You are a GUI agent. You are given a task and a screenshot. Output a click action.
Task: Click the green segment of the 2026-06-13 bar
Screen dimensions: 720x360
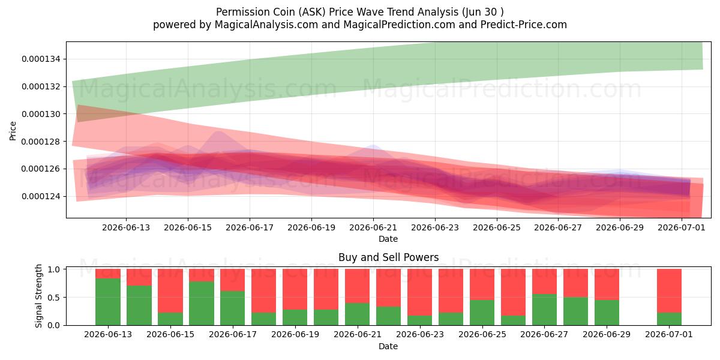pos(108,302)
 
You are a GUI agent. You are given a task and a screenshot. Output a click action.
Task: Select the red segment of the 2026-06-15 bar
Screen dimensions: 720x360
pos(170,290)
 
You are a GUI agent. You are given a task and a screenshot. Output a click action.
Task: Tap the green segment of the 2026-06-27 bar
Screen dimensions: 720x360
pos(545,310)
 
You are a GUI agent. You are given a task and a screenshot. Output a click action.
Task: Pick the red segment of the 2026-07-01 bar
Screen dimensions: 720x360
pos(669,290)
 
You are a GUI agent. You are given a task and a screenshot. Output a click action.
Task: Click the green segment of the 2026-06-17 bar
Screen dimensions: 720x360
pos(233,308)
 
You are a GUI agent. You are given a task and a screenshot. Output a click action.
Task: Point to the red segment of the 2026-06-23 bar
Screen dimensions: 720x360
pos(420,292)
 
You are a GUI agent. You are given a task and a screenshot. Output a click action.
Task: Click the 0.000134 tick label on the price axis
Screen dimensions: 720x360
pos(41,59)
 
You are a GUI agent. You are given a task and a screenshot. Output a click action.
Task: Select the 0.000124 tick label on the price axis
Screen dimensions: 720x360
pos(41,196)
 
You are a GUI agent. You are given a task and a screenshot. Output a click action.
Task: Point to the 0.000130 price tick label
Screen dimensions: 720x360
pos(41,114)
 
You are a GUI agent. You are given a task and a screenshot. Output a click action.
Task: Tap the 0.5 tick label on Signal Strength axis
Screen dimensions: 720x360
pos(54,298)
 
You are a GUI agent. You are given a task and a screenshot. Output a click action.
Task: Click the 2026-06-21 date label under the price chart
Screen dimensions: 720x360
pos(373,227)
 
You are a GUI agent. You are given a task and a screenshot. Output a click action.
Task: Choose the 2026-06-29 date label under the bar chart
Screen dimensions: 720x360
pos(607,335)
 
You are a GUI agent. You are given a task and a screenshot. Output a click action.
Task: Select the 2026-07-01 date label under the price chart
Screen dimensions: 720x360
pos(682,227)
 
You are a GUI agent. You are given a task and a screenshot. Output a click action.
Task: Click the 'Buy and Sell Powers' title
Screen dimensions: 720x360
pos(389,257)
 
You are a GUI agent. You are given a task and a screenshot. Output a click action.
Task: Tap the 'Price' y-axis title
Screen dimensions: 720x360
pos(13,131)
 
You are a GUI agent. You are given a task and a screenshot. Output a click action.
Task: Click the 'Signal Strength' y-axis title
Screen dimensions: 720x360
pos(38,296)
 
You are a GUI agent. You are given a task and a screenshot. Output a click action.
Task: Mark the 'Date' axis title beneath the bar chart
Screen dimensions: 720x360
pos(388,346)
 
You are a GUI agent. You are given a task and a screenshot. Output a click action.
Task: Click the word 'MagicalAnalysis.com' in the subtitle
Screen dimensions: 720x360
pos(266,25)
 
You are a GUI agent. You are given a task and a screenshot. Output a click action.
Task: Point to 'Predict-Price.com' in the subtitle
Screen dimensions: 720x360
pos(524,25)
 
